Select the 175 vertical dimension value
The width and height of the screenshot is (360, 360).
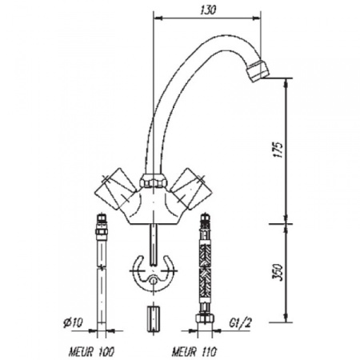coord(277,152)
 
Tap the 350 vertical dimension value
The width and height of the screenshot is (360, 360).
coord(277,274)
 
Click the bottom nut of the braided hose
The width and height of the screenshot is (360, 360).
coord(205,322)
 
